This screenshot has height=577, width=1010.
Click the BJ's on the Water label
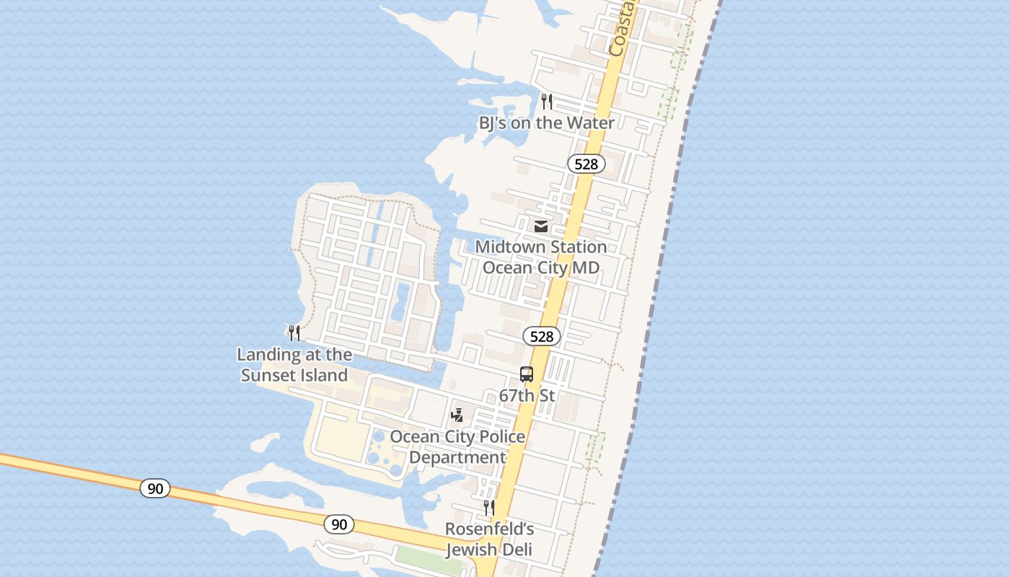(x=547, y=123)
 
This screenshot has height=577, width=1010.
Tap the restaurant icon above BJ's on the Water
(x=547, y=102)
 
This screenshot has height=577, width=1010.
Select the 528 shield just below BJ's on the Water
(x=586, y=164)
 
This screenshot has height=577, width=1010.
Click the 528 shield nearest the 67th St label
(x=541, y=336)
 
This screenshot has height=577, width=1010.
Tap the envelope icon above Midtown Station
(x=541, y=226)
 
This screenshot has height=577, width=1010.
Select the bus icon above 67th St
(x=527, y=374)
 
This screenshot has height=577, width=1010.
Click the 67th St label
(x=527, y=396)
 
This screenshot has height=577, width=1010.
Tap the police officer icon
(x=457, y=415)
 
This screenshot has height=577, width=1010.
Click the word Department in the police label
(x=457, y=457)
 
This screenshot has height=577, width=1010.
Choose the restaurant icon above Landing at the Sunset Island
(x=294, y=332)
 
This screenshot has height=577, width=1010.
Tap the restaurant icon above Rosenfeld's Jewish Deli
(x=489, y=508)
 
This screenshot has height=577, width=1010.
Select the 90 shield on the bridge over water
(x=155, y=488)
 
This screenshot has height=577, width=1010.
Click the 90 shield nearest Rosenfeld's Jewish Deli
(x=338, y=524)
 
